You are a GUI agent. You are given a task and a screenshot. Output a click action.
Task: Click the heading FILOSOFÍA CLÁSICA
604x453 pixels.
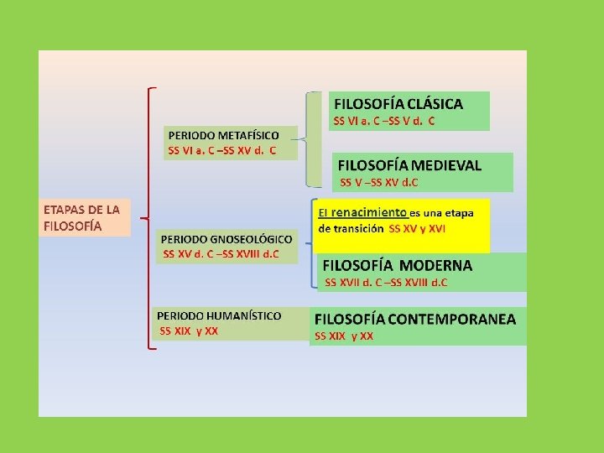[398, 104]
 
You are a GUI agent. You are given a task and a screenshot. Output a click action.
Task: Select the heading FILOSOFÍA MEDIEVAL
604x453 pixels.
[409, 165]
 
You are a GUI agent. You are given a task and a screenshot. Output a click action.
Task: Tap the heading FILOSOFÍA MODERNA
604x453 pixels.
[398, 265]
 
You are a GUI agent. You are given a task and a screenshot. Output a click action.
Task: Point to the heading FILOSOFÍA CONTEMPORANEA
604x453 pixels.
[415, 319]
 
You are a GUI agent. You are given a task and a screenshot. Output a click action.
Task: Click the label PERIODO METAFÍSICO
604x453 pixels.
[224, 134]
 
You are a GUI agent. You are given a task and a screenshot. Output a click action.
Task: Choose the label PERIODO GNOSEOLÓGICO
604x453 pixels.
[226, 238]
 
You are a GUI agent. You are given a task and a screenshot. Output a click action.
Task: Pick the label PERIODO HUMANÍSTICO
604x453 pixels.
[219, 315]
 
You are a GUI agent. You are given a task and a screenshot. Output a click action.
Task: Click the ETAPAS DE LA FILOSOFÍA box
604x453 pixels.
[82, 217]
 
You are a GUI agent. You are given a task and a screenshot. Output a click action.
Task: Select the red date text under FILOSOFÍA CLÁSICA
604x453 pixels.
[384, 121]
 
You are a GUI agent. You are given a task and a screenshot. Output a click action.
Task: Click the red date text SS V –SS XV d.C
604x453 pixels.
[379, 181]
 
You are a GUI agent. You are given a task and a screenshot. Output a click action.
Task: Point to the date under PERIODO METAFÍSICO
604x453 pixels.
[221, 151]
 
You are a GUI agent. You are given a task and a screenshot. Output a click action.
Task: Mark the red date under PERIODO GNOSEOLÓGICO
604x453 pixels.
[221, 253]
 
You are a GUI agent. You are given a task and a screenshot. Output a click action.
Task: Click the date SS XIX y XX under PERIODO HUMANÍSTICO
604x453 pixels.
[189, 331]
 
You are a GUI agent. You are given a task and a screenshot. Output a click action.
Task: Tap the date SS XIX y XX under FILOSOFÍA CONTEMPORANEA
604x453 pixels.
[344, 336]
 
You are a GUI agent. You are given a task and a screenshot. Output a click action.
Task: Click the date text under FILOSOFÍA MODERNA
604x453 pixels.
[386, 282]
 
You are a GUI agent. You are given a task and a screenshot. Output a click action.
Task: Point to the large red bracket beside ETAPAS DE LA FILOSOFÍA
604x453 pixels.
[148, 217]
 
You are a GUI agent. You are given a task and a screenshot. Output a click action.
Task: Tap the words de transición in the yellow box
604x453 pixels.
[351, 228]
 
